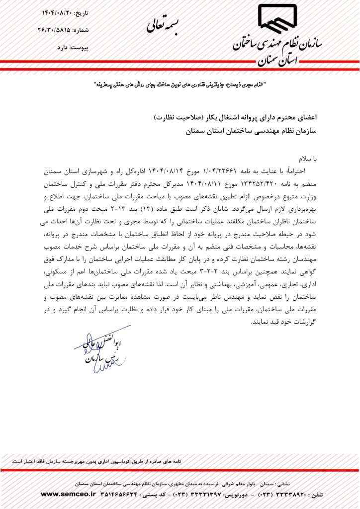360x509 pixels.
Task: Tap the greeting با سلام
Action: click(307, 159)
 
